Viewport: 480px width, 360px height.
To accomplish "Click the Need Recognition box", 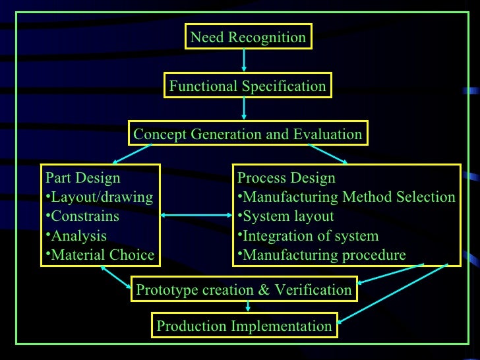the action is point(248,38).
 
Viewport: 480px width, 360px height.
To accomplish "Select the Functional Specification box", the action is point(247,86).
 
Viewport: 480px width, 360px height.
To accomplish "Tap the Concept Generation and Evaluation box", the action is point(247,135).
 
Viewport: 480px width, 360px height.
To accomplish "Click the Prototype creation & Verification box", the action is point(243,289).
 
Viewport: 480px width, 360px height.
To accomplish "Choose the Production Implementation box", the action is point(244,326).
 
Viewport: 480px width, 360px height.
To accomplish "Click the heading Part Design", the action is point(82,178).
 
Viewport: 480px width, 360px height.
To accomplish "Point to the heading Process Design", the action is point(286,178).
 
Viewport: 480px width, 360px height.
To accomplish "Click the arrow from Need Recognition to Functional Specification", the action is point(245,61).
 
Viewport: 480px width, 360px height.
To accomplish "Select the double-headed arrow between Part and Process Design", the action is point(196,216).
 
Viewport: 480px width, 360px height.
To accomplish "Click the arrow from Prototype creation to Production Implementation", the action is point(248,306).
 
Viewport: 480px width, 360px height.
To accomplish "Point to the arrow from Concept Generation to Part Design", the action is point(133,154).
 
